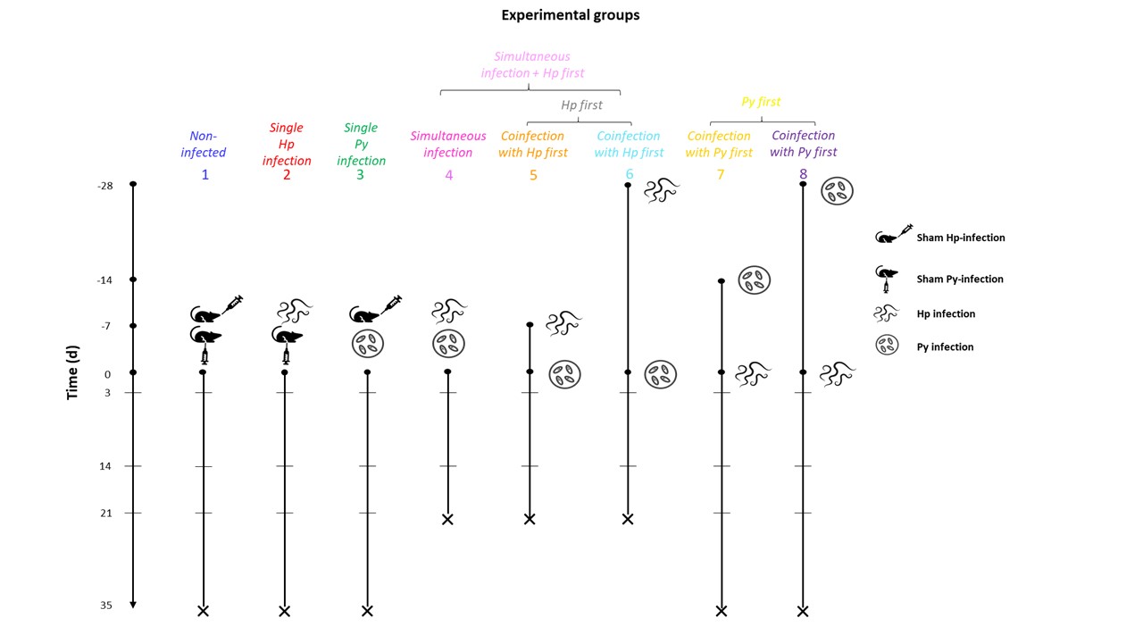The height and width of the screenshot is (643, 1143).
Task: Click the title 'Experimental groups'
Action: (570, 15)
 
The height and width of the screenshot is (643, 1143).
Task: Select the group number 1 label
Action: (204, 175)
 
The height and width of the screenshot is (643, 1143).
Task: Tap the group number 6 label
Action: (630, 175)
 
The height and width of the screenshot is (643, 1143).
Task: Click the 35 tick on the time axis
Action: (106, 605)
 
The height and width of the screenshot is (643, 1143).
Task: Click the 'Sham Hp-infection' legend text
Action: (960, 238)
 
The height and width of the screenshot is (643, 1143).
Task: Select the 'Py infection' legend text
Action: (945, 347)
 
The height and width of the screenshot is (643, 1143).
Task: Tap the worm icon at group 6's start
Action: (662, 190)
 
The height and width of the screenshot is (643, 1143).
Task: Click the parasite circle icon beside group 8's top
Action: (838, 190)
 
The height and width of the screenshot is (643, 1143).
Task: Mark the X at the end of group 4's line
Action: (447, 519)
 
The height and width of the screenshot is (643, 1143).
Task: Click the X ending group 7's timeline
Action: (721, 611)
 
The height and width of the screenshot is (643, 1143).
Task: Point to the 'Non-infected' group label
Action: (204, 145)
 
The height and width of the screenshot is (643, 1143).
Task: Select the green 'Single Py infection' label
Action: (361, 145)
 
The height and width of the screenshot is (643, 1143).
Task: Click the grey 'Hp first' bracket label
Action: (581, 105)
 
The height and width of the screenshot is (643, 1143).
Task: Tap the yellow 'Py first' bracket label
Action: (761, 102)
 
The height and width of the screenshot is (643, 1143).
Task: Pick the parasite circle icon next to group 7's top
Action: (755, 280)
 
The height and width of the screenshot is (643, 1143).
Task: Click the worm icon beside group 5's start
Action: (563, 322)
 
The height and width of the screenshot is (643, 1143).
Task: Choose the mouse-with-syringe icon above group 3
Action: (374, 309)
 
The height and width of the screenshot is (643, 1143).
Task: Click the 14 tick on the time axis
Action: (105, 466)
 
